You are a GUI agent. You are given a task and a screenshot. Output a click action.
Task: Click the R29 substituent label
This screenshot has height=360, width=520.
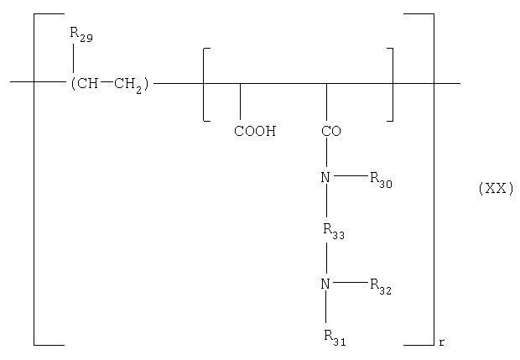pyautogui.click(x=81, y=35)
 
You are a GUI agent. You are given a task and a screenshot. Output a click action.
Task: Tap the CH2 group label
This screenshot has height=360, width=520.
pyautogui.click(x=128, y=85)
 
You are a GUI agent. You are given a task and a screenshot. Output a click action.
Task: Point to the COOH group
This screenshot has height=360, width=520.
pyautogui.click(x=255, y=131)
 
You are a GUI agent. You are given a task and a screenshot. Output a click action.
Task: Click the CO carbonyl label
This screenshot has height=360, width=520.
pyautogui.click(x=331, y=131)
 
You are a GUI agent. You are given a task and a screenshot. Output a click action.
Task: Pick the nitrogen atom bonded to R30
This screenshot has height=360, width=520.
pyautogui.click(x=325, y=178)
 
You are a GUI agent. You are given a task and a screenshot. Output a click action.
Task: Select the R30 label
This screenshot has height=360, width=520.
pyautogui.click(x=381, y=180)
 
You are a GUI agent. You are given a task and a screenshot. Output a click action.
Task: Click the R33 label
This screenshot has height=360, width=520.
pyautogui.click(x=334, y=232)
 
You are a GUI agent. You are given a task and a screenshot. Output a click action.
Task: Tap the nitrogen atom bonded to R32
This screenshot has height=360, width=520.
pyautogui.click(x=325, y=284)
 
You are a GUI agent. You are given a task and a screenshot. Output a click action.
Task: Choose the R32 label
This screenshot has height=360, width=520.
pyautogui.click(x=381, y=287)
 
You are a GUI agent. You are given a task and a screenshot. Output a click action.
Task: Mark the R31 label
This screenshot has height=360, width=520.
pyautogui.click(x=335, y=338)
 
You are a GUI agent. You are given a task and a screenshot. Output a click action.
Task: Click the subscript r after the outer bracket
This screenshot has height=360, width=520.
pyautogui.click(x=441, y=342)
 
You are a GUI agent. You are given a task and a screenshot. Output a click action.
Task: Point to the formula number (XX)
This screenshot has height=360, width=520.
pyautogui.click(x=496, y=189)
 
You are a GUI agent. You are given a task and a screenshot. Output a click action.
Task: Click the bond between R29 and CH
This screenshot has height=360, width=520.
pyautogui.click(x=73, y=58)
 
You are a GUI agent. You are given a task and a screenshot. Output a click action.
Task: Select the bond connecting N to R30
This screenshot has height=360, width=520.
pyautogui.click(x=351, y=176)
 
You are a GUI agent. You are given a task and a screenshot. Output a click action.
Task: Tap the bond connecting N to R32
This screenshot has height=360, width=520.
pyautogui.click(x=351, y=282)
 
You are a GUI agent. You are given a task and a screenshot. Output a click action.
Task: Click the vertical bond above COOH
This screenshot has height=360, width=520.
pyautogui.click(x=241, y=102)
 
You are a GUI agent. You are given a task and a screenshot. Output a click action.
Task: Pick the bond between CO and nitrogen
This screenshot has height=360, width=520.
pyautogui.click(x=326, y=152)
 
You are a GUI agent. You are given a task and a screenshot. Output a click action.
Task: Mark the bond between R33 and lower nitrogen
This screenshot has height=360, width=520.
pyautogui.click(x=326, y=258)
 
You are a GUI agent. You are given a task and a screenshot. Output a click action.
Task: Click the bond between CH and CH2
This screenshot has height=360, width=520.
pyautogui.click(x=107, y=81)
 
